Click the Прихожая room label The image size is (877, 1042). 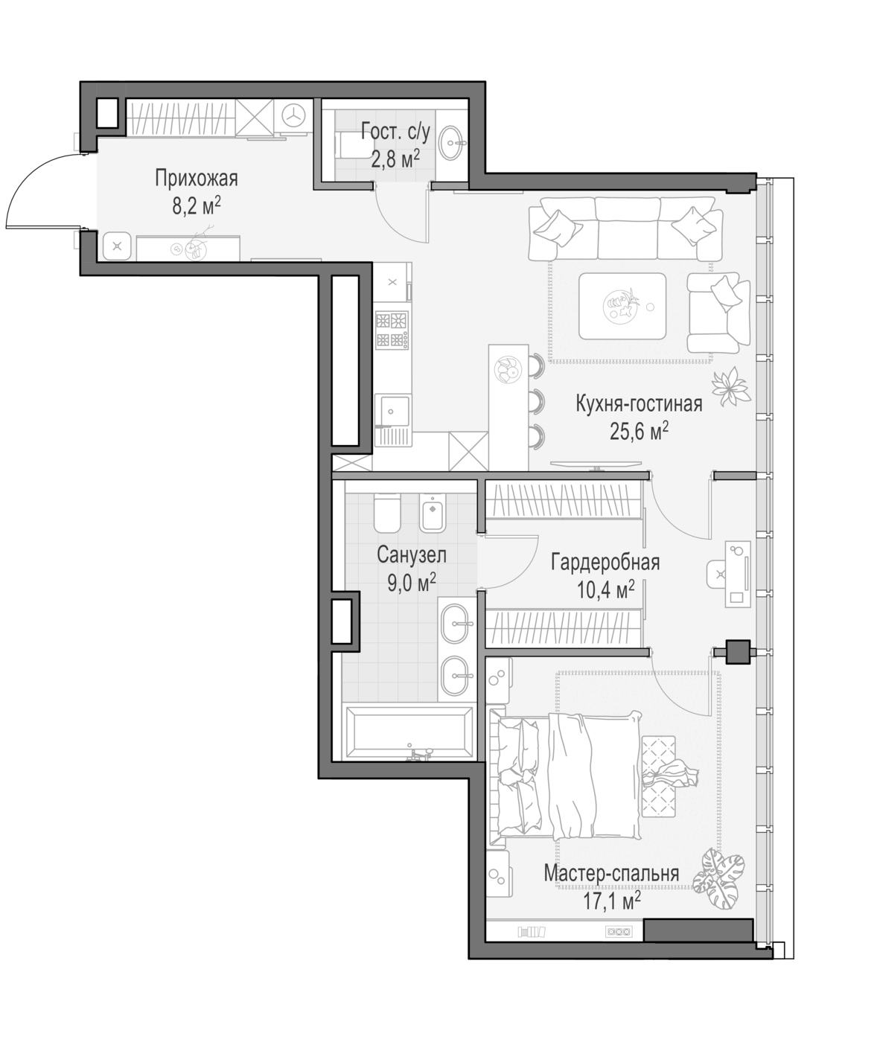tap(196, 178)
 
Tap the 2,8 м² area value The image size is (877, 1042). tap(395, 159)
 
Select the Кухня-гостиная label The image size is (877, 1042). tap(639, 404)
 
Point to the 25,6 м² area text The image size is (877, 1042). tap(639, 432)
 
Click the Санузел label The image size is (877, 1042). tap(412, 554)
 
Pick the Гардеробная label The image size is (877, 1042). tap(605, 563)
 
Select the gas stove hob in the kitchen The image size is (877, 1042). tap(392, 330)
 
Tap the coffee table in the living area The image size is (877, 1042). tap(622, 306)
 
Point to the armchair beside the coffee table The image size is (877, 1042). tap(718, 313)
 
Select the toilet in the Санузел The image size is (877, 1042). tap(387, 513)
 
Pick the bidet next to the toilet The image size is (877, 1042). tap(433, 513)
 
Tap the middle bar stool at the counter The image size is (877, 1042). tap(537, 401)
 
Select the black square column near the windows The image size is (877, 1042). tap(738, 652)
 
